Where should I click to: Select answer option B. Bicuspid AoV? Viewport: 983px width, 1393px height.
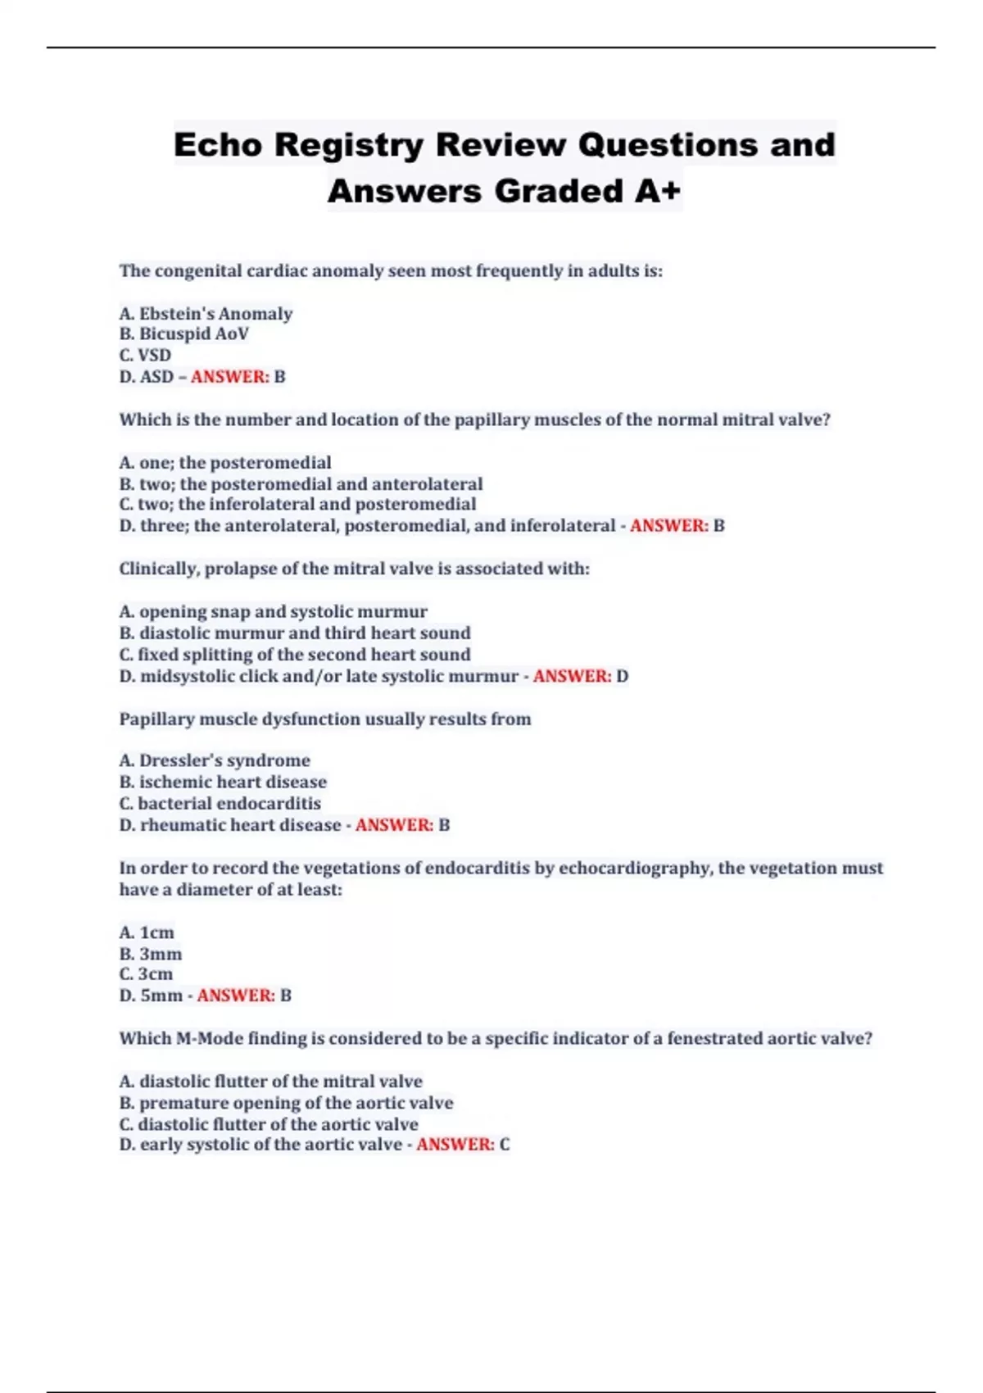[x=183, y=334]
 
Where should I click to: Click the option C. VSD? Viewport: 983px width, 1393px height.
[x=145, y=356]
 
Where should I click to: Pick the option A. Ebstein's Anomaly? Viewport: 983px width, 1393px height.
[x=206, y=313]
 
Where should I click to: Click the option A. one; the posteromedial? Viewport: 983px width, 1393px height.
[x=225, y=462]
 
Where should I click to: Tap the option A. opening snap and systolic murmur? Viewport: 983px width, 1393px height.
[x=273, y=611]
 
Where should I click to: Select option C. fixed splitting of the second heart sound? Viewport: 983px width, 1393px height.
[x=295, y=655]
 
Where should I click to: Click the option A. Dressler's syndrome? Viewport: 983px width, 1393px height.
[x=215, y=760]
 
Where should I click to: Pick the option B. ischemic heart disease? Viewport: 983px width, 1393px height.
[x=223, y=782]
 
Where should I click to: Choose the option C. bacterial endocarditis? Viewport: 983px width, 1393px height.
[x=220, y=804]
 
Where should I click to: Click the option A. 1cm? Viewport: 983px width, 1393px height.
[x=147, y=932]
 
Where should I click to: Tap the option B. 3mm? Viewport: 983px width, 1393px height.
[x=151, y=954]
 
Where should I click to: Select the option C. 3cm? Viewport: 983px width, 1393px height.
[x=146, y=974]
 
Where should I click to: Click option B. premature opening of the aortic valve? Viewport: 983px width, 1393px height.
[x=286, y=1103]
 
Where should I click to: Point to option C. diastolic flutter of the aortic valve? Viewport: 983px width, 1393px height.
[x=269, y=1124]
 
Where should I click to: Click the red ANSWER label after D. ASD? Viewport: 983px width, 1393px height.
[x=230, y=377]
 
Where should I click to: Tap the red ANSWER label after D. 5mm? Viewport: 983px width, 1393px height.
[x=236, y=996]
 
